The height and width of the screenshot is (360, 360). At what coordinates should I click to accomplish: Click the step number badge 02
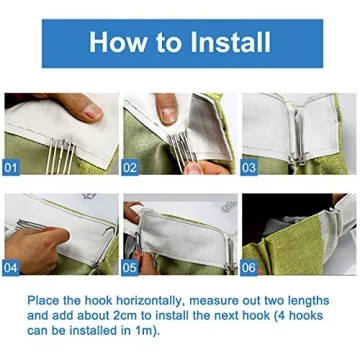[131, 169]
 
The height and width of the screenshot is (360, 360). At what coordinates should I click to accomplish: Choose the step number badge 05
[131, 269]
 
